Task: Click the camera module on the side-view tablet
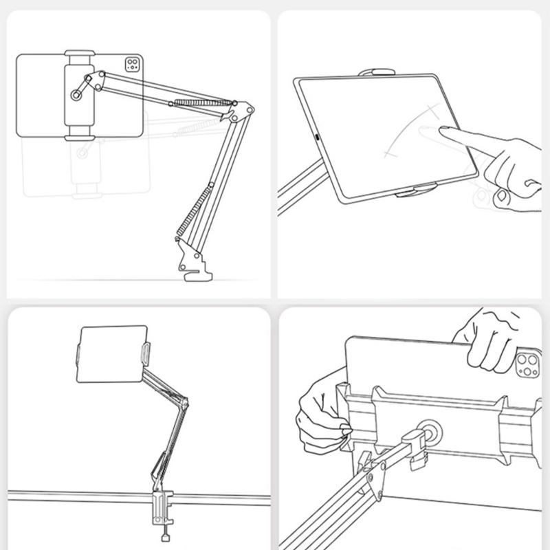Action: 133,65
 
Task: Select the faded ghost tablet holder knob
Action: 82,153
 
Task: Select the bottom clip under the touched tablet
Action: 415,193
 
